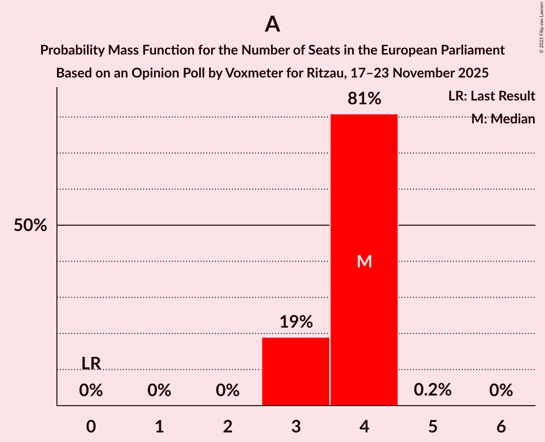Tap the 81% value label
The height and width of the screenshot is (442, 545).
(x=364, y=99)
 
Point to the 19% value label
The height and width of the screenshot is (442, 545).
(x=296, y=322)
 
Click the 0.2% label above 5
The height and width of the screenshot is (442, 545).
(x=433, y=390)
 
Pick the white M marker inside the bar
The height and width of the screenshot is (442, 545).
(x=364, y=261)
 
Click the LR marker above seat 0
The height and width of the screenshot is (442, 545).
(x=91, y=364)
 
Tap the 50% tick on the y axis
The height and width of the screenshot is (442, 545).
(x=30, y=225)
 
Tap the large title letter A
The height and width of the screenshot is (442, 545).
(x=272, y=24)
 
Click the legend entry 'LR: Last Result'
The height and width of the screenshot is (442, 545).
(x=491, y=96)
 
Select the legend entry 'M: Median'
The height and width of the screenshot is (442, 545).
(x=502, y=119)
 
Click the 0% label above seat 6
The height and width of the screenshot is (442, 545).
(x=501, y=390)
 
